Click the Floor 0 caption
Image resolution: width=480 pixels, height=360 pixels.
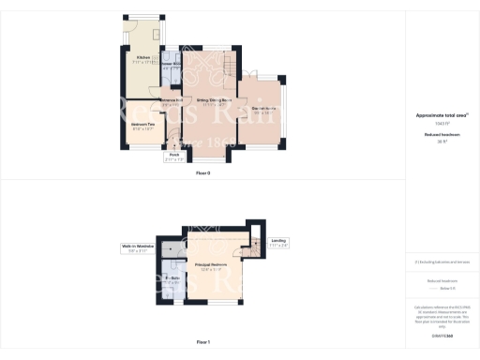click(202, 173)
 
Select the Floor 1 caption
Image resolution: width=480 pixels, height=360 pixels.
click(202, 343)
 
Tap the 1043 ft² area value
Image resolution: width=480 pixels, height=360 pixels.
click(442, 123)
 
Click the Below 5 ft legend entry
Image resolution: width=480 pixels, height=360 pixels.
click(442, 289)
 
